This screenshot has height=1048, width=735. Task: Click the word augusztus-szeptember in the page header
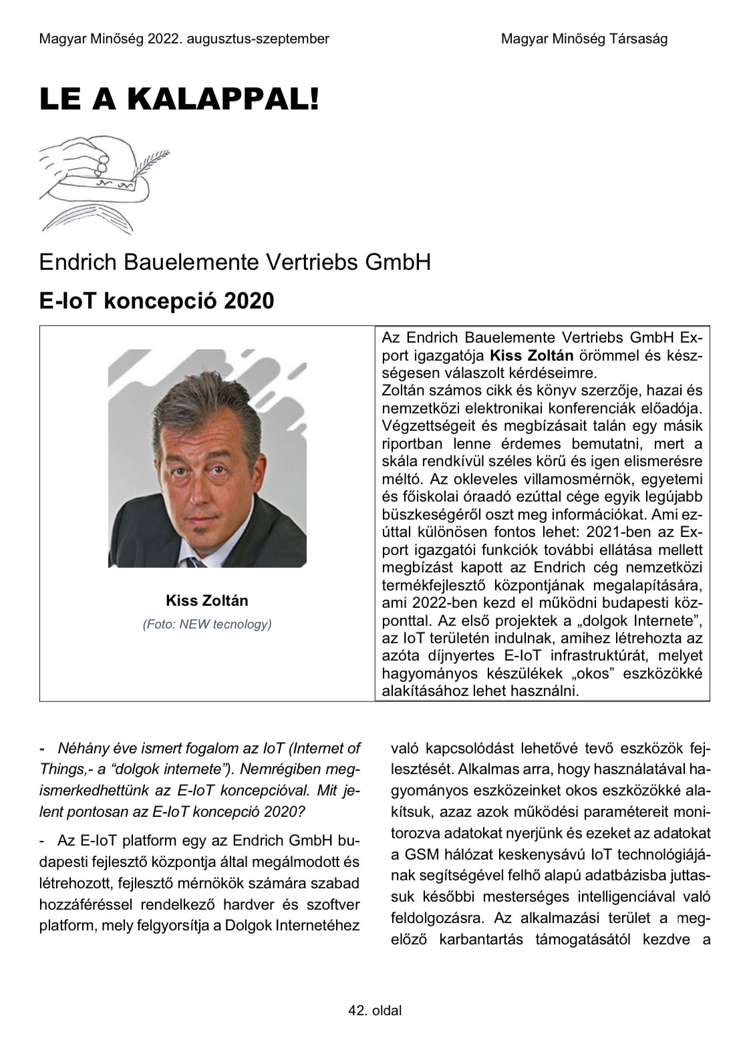click(259, 39)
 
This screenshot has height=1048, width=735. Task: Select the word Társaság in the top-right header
click(637, 39)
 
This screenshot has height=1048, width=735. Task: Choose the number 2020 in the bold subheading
click(249, 301)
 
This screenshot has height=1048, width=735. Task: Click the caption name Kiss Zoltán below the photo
click(206, 600)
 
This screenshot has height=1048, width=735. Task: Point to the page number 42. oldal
click(375, 1010)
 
